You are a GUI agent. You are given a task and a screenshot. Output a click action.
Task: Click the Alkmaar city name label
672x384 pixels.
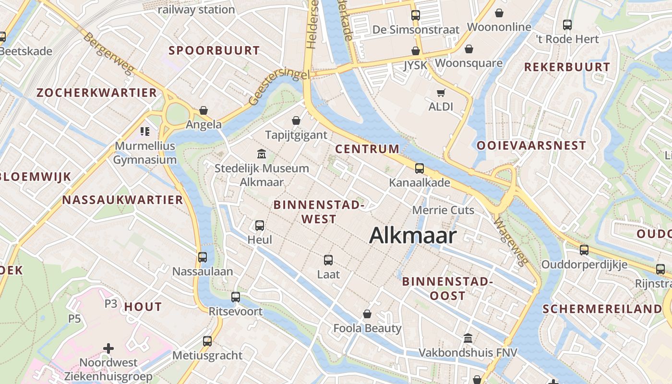click(x=413, y=235)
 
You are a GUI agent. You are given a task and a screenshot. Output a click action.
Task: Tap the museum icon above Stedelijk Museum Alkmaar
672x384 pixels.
click(x=262, y=154)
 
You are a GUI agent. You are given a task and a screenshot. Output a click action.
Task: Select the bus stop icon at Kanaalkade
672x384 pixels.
click(x=420, y=168)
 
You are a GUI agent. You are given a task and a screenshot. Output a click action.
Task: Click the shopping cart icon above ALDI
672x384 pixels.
click(x=441, y=93)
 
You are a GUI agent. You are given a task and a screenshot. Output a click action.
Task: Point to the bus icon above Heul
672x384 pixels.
click(x=260, y=225)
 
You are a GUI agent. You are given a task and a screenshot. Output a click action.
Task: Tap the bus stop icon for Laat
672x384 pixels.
click(x=328, y=260)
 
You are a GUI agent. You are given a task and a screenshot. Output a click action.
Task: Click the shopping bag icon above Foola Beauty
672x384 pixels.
click(x=367, y=314)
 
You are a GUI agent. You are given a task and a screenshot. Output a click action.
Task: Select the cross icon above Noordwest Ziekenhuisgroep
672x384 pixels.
click(x=109, y=348)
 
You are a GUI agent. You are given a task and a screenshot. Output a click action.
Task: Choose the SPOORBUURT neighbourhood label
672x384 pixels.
click(x=214, y=50)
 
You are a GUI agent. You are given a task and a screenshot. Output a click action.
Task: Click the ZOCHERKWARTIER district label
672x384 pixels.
click(x=97, y=93)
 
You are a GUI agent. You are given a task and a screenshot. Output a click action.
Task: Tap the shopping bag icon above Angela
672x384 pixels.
click(x=204, y=110)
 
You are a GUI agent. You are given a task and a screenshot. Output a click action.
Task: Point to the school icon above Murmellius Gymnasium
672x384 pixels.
click(x=145, y=131)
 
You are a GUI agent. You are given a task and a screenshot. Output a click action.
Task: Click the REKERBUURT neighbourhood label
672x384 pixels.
click(x=567, y=67)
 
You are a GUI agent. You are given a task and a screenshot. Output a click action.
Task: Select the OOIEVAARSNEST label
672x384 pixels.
click(x=531, y=145)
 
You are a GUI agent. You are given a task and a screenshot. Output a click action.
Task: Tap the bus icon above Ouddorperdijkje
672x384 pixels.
click(x=584, y=250)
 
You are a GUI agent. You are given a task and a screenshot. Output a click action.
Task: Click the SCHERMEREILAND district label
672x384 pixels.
click(x=602, y=309)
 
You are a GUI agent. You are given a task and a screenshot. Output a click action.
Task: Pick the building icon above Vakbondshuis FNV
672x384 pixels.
click(x=468, y=338)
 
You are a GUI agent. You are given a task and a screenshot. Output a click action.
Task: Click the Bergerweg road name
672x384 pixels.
click(x=108, y=53)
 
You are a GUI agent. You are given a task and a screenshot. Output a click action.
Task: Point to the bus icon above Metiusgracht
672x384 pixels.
click(x=207, y=341)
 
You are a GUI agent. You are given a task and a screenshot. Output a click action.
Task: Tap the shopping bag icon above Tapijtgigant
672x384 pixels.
click(x=296, y=120)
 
